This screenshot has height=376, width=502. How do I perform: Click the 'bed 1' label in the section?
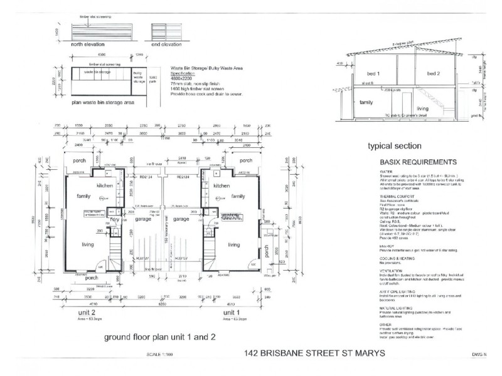click(375, 74)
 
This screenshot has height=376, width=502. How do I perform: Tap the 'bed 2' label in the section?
click(435, 74)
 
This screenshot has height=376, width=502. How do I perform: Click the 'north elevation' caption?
click(94, 44)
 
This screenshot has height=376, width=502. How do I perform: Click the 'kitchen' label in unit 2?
click(104, 186)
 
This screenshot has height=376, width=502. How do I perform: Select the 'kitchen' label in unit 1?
click(223, 186)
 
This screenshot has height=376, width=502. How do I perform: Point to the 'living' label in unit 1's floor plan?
click(234, 244)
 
